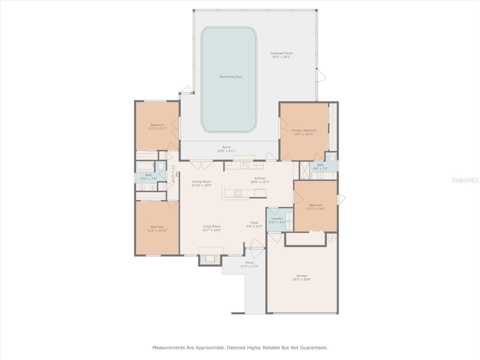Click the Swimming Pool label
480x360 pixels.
(230, 77)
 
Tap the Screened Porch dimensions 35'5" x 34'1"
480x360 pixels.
(281, 57)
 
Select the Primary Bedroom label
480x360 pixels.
(304, 130)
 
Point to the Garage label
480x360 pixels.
(301, 276)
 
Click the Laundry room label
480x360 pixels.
(277, 218)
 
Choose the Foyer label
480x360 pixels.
(254, 223)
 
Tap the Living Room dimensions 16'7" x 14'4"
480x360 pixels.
(211, 230)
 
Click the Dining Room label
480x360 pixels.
(201, 181)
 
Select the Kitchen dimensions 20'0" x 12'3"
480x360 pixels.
(260, 182)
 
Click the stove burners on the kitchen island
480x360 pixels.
(238, 193)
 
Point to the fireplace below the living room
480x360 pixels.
(210, 260)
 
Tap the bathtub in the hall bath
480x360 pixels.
(145, 166)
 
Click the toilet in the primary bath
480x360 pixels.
(332, 157)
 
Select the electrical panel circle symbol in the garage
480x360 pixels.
(332, 238)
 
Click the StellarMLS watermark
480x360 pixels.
(465, 180)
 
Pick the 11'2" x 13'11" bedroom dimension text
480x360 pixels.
(157, 230)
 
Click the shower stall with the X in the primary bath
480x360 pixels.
(304, 170)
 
